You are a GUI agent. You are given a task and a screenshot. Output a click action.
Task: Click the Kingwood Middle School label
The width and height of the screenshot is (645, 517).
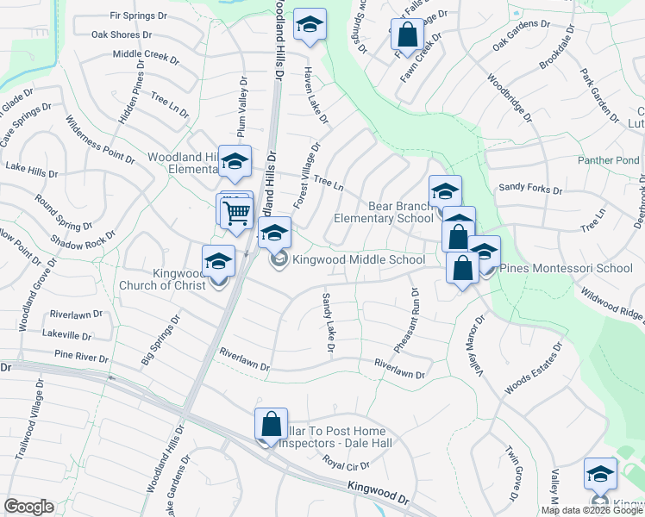coord(358,259)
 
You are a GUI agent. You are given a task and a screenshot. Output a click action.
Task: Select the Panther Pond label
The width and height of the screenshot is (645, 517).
coord(609,160)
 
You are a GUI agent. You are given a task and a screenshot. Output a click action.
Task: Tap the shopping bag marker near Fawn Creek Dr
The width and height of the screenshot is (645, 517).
coord(408,35)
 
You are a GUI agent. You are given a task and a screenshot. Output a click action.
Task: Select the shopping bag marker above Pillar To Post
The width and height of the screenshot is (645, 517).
coord(271,424)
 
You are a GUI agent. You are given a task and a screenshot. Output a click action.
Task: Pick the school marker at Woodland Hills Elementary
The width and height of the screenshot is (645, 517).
coord(233,161)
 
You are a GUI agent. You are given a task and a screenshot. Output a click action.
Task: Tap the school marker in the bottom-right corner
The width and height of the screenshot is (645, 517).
coord(600,475)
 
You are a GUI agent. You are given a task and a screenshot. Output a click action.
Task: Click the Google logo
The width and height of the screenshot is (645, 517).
coord(29,506)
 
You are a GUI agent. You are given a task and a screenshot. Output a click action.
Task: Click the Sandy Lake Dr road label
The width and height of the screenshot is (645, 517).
coord(327,322)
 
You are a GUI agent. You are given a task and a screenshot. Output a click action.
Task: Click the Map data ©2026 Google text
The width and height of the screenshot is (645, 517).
coord(592,510)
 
